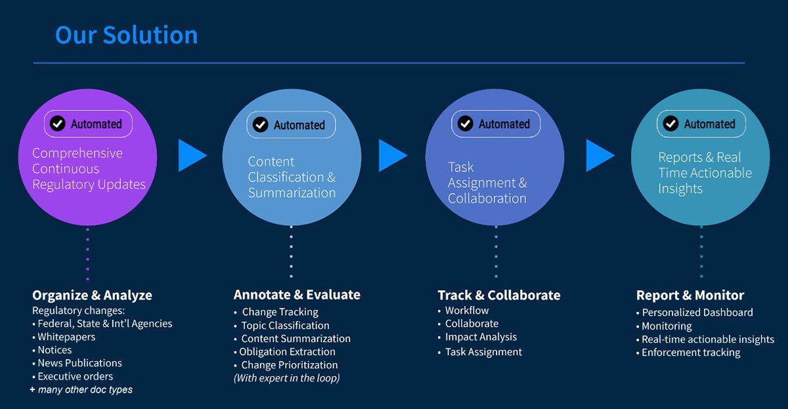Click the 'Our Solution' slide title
(x=126, y=35)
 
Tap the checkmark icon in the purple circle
(x=58, y=123)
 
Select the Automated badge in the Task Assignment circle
(x=496, y=123)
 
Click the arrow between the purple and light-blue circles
(x=192, y=156)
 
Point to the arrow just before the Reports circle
(x=600, y=156)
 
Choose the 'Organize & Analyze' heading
(x=92, y=295)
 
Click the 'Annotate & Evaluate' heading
(x=297, y=295)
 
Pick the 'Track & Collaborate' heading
(x=499, y=295)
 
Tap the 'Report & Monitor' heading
(x=690, y=295)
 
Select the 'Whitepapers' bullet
(x=66, y=337)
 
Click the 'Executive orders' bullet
(x=75, y=376)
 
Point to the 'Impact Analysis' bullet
(x=481, y=337)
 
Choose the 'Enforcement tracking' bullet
(x=690, y=353)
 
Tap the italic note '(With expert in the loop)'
(x=286, y=378)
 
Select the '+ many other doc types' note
(x=81, y=390)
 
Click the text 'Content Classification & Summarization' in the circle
(x=292, y=177)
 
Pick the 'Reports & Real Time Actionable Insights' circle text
(x=705, y=173)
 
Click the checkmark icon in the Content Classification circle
(x=261, y=125)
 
